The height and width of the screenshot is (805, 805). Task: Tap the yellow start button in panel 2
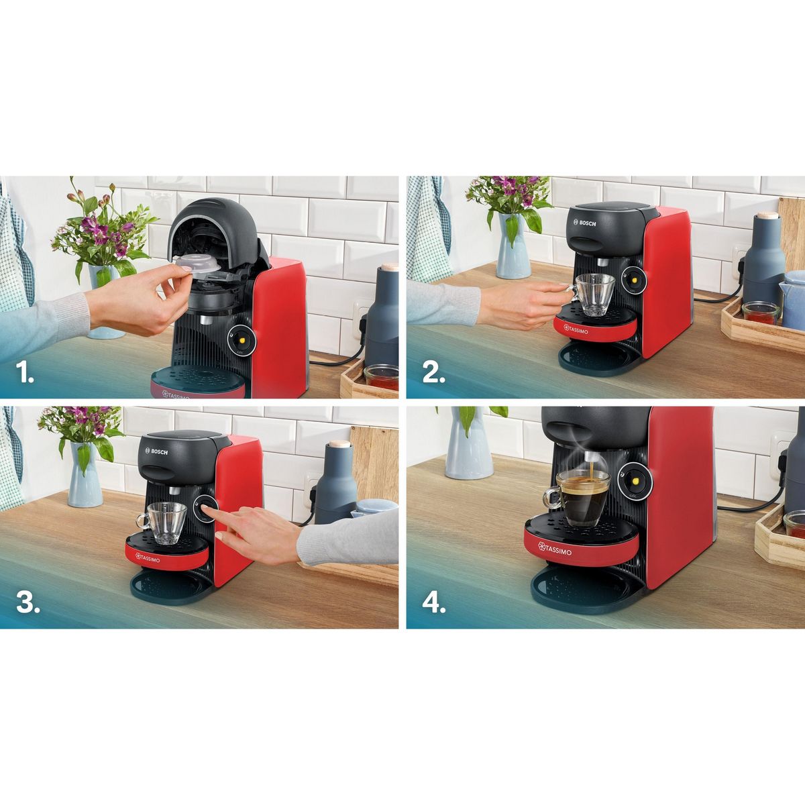633,279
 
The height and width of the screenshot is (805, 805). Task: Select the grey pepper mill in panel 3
336,484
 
